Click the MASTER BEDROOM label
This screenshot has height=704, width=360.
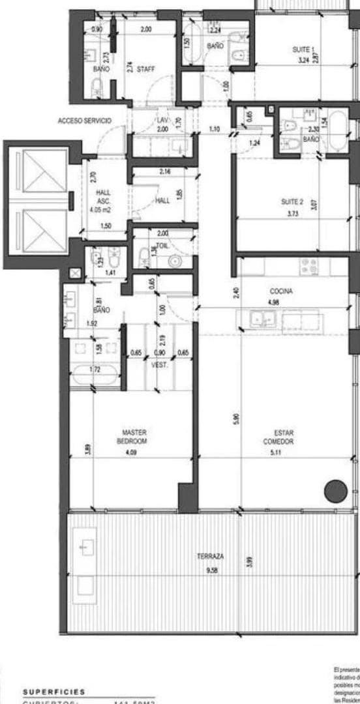coord(135,436)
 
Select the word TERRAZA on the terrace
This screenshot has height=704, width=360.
coord(210,557)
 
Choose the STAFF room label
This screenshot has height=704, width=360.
coord(145,68)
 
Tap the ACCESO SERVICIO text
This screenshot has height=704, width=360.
coord(84,121)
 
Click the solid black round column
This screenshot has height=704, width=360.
coord(336,490)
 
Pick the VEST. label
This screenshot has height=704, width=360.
coord(160,365)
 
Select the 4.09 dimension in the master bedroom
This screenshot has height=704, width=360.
coord(135,448)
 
